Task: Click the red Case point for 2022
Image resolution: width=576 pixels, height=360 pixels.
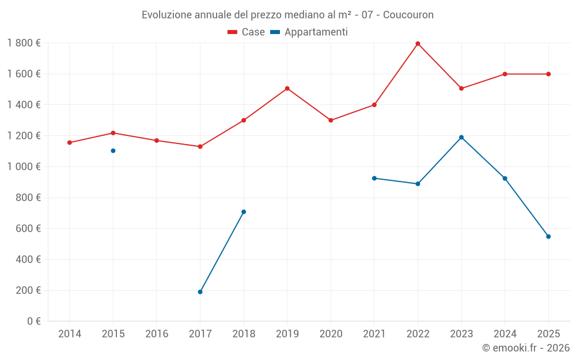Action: point(418,44)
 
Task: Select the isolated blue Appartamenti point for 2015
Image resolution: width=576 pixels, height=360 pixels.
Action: point(113,151)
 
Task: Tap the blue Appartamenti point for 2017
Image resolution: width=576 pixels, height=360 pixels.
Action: point(200,292)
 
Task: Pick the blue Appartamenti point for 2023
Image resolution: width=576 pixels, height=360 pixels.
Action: point(461,137)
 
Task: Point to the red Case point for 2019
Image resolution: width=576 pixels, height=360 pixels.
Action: point(287,89)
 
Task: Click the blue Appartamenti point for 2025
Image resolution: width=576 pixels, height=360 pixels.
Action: point(548,237)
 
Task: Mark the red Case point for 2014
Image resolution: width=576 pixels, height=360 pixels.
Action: point(70,143)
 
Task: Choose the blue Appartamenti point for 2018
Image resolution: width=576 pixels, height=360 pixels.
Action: point(244,212)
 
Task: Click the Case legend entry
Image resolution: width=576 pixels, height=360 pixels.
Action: point(246,32)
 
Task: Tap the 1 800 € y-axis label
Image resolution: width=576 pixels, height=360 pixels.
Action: point(24,43)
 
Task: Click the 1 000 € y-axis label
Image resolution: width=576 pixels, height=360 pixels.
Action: point(24,167)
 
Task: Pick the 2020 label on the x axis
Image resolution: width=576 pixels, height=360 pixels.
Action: point(331,334)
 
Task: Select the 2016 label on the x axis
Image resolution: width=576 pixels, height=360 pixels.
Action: point(157,334)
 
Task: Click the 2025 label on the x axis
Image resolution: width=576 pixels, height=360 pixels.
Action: point(548,334)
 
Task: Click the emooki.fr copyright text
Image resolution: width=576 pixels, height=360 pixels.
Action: point(525,348)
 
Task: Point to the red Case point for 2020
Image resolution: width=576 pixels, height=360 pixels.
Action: point(331,120)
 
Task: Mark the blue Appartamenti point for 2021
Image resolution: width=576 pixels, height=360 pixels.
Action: point(374,179)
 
